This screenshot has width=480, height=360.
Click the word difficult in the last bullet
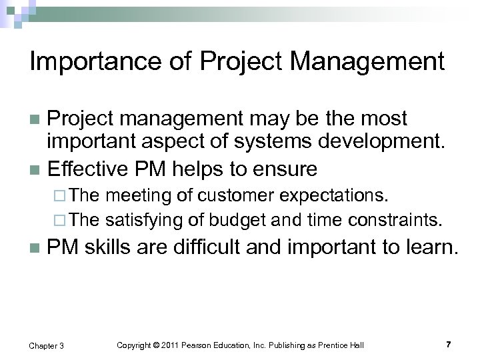point(209,249)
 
